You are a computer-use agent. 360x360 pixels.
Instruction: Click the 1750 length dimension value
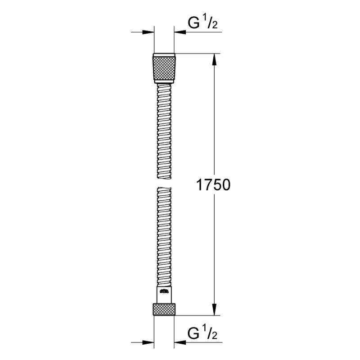(x=213, y=185)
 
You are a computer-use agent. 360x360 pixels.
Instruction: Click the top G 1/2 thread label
(x=202, y=23)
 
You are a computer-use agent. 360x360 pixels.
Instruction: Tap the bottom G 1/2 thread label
(x=202, y=333)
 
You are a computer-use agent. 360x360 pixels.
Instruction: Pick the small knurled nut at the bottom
(x=164, y=309)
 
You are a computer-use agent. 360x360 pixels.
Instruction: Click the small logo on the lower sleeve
(x=164, y=292)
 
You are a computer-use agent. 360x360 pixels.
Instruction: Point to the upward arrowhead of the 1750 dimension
(x=214, y=59)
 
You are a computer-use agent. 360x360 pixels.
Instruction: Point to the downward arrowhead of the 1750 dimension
(x=214, y=310)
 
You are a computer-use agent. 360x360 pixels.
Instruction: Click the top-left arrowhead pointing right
(x=148, y=32)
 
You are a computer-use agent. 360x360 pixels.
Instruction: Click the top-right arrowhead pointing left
(x=180, y=32)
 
